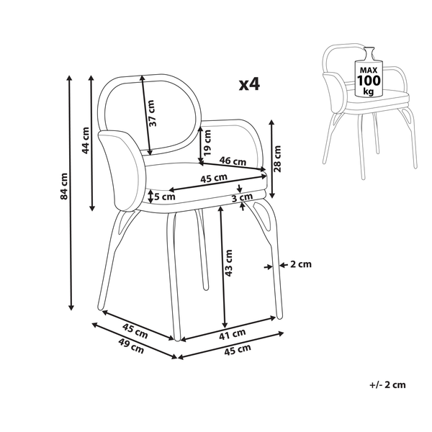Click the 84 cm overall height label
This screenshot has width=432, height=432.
[64, 186]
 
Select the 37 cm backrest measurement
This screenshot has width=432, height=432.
[152, 115]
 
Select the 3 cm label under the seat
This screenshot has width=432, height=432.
[242, 197]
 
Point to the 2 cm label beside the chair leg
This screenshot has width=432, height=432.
[300, 264]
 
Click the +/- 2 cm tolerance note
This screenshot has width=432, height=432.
[386, 384]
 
